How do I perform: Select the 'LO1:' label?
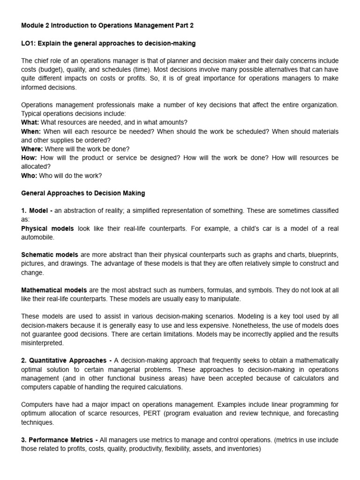coord(29,44)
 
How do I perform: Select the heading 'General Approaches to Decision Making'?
coord(83,193)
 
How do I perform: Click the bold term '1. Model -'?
coord(37,211)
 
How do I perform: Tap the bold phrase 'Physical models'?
coord(47,229)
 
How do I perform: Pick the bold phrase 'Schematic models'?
coord(50,255)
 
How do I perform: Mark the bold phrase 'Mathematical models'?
coord(54,290)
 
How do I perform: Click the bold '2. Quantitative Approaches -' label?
coord(67,360)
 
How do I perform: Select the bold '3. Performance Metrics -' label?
coord(60,440)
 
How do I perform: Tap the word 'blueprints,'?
coord(322,255)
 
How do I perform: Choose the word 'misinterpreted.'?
coord(42,343)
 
